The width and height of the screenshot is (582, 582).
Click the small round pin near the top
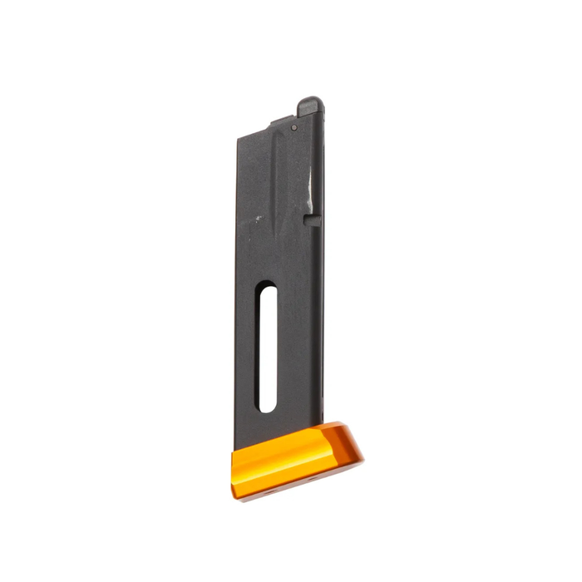click(294, 127)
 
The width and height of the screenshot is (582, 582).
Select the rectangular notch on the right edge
click(313, 219)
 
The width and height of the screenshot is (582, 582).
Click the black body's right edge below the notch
click(319, 333)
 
